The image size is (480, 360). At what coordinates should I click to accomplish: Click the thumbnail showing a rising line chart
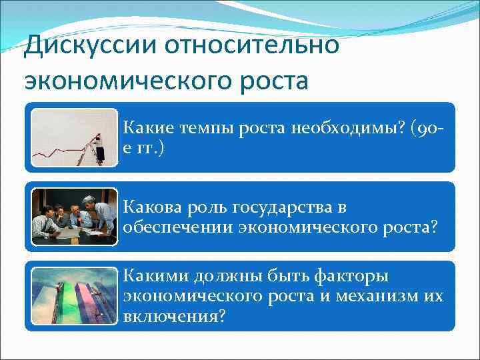pyautogui.click(x=75, y=137)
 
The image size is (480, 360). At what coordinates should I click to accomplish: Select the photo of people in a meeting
pyautogui.click(x=75, y=217)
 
